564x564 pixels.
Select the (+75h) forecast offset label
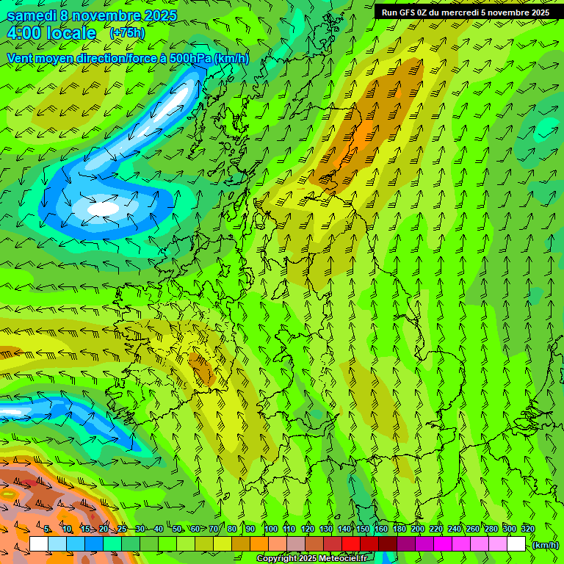[x=127, y=33]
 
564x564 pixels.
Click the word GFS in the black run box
[x=411, y=12]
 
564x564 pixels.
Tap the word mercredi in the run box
[x=460, y=12]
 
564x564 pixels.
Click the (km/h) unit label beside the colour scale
[x=545, y=545]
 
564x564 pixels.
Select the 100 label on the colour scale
[x=270, y=529]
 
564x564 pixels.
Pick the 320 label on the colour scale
[x=527, y=529]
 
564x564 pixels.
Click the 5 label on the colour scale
[x=47, y=529]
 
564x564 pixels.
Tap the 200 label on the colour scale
[x=417, y=529]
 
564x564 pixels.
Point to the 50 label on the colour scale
[x=177, y=529]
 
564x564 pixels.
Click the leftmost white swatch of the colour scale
[x=39, y=544]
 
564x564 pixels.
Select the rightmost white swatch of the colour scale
[x=517, y=544]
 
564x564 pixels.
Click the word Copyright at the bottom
[x=276, y=559]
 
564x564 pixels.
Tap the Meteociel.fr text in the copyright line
[x=342, y=559]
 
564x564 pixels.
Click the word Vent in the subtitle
[x=20, y=58]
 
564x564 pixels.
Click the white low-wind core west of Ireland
[x=103, y=209]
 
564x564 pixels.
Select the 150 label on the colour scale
[x=362, y=529]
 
